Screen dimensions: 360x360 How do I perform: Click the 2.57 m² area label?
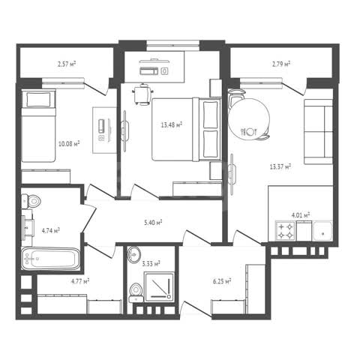coord(67,64)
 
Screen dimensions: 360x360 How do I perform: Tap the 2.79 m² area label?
coord(281,64)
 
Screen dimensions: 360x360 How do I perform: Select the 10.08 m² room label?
coord(69,144)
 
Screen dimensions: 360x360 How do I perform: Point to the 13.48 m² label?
coord(171,124)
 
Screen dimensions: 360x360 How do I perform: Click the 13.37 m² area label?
coord(280,166)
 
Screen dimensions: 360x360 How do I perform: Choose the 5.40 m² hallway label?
coord(153,222)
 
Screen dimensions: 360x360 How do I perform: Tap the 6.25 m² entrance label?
coord(222,282)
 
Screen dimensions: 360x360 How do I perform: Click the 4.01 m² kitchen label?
coord(301,215)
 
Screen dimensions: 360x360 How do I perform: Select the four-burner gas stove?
coord(285,231)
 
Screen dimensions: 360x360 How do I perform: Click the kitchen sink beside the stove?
coord(322,231)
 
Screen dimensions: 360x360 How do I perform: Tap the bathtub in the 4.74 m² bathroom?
coord(51,259)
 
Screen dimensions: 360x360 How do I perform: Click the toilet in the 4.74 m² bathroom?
coord(31,201)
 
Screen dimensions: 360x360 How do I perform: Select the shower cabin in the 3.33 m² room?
coord(159,286)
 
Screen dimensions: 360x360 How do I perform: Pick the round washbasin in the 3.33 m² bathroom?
coord(134,255)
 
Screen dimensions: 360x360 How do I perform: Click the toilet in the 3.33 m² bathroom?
coord(136,292)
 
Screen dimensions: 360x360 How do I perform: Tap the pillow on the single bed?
coord(38,100)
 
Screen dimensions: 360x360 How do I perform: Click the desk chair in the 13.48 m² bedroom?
coord(143,94)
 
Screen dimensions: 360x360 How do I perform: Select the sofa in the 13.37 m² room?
coord(318,132)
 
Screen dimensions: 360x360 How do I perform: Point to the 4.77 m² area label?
coord(80,282)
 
